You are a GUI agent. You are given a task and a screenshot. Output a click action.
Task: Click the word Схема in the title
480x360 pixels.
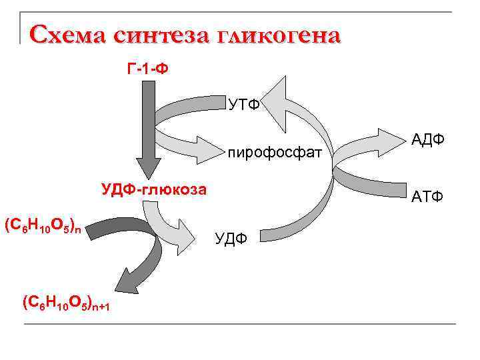point(67,34)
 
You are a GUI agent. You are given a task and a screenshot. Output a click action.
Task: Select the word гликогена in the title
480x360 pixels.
point(279,34)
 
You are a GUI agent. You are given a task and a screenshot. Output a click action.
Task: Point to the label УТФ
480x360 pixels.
point(244,105)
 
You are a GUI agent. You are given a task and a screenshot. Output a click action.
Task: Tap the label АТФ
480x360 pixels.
point(429,197)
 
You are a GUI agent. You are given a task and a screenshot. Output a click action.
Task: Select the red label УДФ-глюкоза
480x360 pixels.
point(154,189)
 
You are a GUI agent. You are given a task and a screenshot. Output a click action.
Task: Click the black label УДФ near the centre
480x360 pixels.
point(231,237)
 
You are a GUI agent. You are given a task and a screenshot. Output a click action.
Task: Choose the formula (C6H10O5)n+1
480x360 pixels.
point(66,303)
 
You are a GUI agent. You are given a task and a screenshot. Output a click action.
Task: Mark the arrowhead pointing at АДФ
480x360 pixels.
point(386,138)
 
